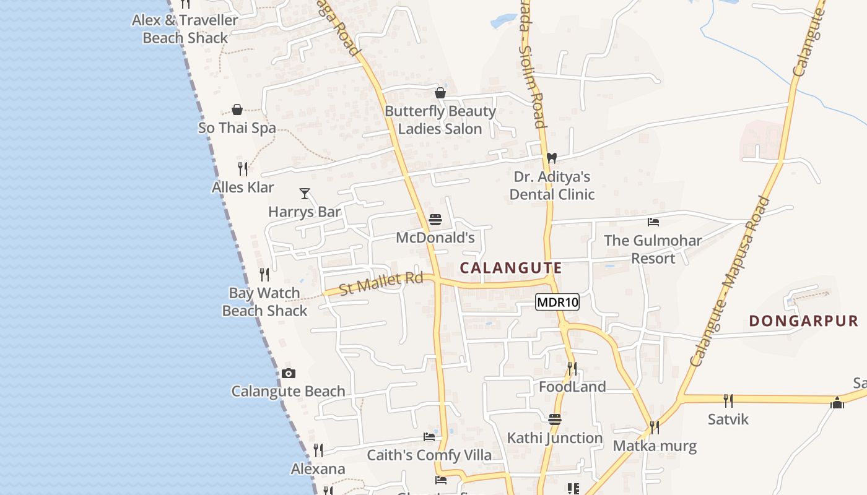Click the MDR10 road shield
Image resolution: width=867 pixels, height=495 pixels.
tap(557, 302)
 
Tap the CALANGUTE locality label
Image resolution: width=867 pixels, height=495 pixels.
tap(512, 268)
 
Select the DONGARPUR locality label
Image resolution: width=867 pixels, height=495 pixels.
tap(804, 321)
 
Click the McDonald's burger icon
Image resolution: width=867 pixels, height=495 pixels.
tap(435, 220)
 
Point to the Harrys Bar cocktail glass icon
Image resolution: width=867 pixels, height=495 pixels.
tap(305, 194)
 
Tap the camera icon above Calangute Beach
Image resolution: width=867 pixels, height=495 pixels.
tap(289, 373)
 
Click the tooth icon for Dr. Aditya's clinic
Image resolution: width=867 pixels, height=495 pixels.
tap(552, 158)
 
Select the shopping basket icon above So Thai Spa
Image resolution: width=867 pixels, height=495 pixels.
tap(237, 110)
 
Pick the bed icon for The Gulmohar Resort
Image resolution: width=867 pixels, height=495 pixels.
tap(653, 222)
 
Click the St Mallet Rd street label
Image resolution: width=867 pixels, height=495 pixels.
tap(381, 283)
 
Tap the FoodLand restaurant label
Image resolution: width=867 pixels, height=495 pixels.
tap(572, 387)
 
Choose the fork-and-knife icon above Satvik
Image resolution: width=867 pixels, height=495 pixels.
tap(728, 401)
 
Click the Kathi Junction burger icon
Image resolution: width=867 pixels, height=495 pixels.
tap(555, 420)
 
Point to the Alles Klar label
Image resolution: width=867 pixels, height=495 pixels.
tap(243, 187)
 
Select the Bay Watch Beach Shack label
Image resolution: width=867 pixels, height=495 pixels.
tap(264, 302)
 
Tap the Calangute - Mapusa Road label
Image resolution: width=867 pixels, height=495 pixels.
tap(730, 281)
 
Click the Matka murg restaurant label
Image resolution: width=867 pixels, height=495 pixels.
tap(655, 445)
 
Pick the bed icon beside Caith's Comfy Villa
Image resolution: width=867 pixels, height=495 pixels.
tap(429, 437)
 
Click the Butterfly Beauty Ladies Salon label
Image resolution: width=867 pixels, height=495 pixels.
tap(440, 120)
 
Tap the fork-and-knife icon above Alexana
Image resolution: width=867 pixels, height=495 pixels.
tap(318, 450)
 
